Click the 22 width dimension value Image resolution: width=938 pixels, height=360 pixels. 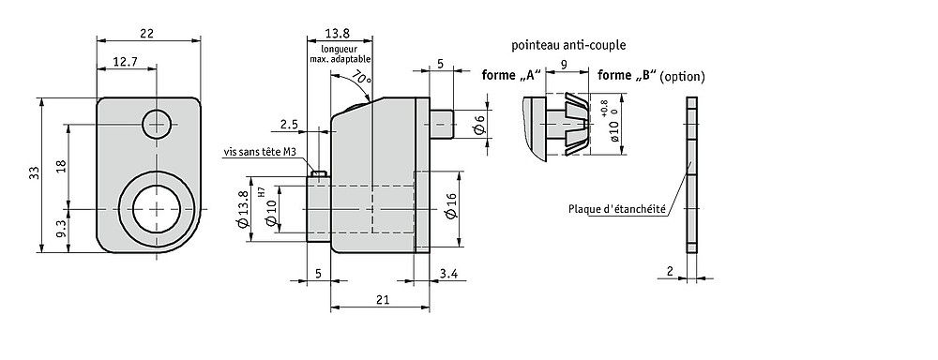pyautogui.click(x=146, y=34)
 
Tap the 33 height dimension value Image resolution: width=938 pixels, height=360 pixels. pyautogui.click(x=34, y=172)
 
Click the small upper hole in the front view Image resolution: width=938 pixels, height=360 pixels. pyautogui.click(x=157, y=125)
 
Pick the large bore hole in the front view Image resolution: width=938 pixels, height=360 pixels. pyautogui.click(x=157, y=209)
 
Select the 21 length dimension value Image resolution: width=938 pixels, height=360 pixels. pyautogui.click(x=384, y=300)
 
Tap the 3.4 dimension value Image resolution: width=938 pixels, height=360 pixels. pyautogui.click(x=448, y=274)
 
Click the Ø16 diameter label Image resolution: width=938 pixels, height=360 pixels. pyautogui.click(x=452, y=206)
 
